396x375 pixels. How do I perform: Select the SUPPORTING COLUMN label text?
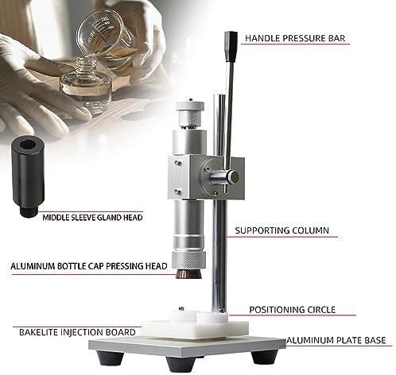281,232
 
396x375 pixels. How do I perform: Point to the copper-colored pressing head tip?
188,274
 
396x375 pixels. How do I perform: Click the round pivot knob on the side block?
229,178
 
